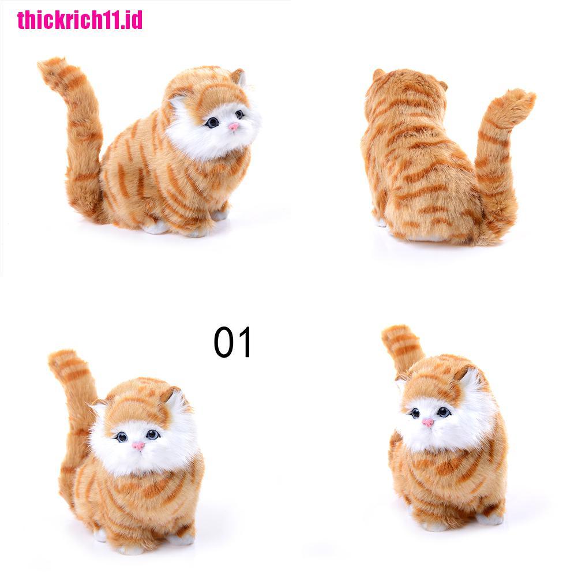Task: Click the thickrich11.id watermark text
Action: point(80,19)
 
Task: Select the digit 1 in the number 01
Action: point(244,343)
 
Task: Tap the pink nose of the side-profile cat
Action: point(233,126)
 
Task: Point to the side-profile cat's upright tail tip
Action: point(50,66)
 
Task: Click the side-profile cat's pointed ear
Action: point(237,76)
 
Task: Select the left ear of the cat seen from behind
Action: point(378,74)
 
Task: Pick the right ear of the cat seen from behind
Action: point(443,86)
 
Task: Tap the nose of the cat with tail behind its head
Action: point(427,422)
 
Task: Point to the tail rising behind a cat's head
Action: point(401,343)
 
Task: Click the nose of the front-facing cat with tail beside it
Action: point(138,445)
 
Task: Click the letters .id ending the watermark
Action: point(132,19)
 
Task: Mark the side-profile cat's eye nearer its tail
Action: point(213,122)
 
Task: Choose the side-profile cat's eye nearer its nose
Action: point(239,114)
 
